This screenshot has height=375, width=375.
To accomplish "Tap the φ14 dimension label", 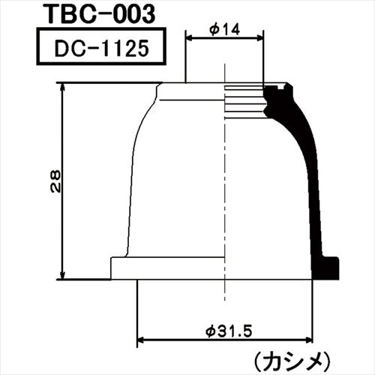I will click(224, 28).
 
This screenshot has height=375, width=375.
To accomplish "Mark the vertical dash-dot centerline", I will click(225, 187).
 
